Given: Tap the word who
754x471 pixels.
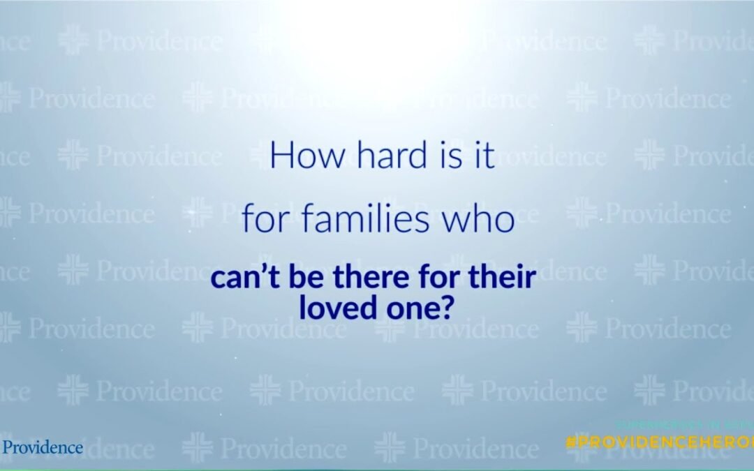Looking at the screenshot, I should tap(482, 221).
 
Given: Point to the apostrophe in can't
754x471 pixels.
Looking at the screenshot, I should tap(258, 271).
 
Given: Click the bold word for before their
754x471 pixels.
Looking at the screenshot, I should tap(434, 277).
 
